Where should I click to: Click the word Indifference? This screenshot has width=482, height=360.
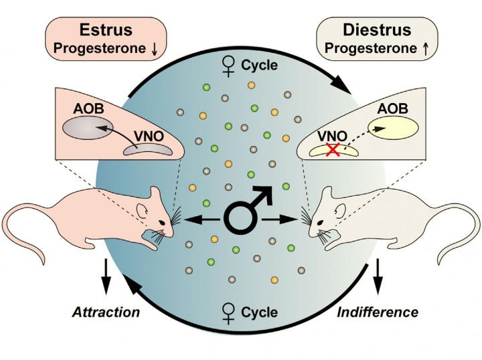pos(378,312)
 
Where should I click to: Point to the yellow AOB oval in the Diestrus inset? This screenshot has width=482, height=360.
pos(398,127)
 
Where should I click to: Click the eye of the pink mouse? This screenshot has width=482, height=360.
pos(162,221)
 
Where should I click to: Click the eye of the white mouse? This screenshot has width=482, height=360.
pos(320,221)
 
